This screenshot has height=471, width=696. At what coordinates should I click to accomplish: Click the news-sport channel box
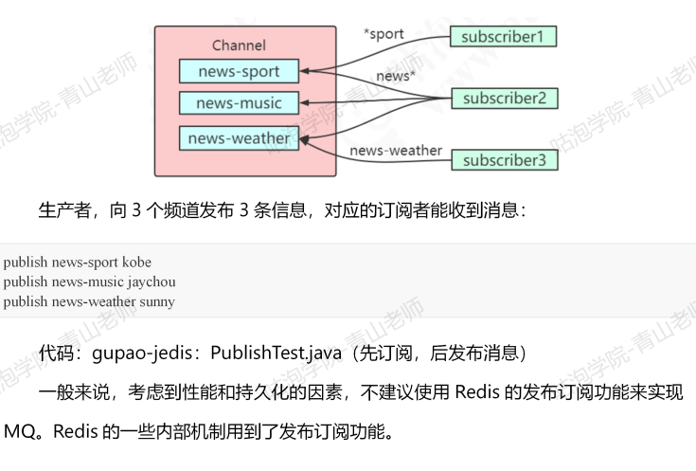coord(240,71)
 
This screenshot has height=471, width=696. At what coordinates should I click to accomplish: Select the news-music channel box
coord(239,102)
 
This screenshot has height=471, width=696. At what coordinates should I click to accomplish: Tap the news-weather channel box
coord(239,138)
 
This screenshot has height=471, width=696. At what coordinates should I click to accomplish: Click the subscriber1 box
coord(503,36)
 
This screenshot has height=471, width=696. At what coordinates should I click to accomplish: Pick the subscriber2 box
coord(504,98)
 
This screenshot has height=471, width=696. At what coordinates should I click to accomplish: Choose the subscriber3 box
coord(504,160)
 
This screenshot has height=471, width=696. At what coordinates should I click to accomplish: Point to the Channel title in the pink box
coord(239,45)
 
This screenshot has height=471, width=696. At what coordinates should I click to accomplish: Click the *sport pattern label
coord(384,34)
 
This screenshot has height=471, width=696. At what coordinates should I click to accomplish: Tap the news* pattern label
coord(396,76)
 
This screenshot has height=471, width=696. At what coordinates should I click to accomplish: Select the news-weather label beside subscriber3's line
coord(396,150)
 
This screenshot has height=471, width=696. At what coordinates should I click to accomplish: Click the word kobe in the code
coord(136,262)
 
